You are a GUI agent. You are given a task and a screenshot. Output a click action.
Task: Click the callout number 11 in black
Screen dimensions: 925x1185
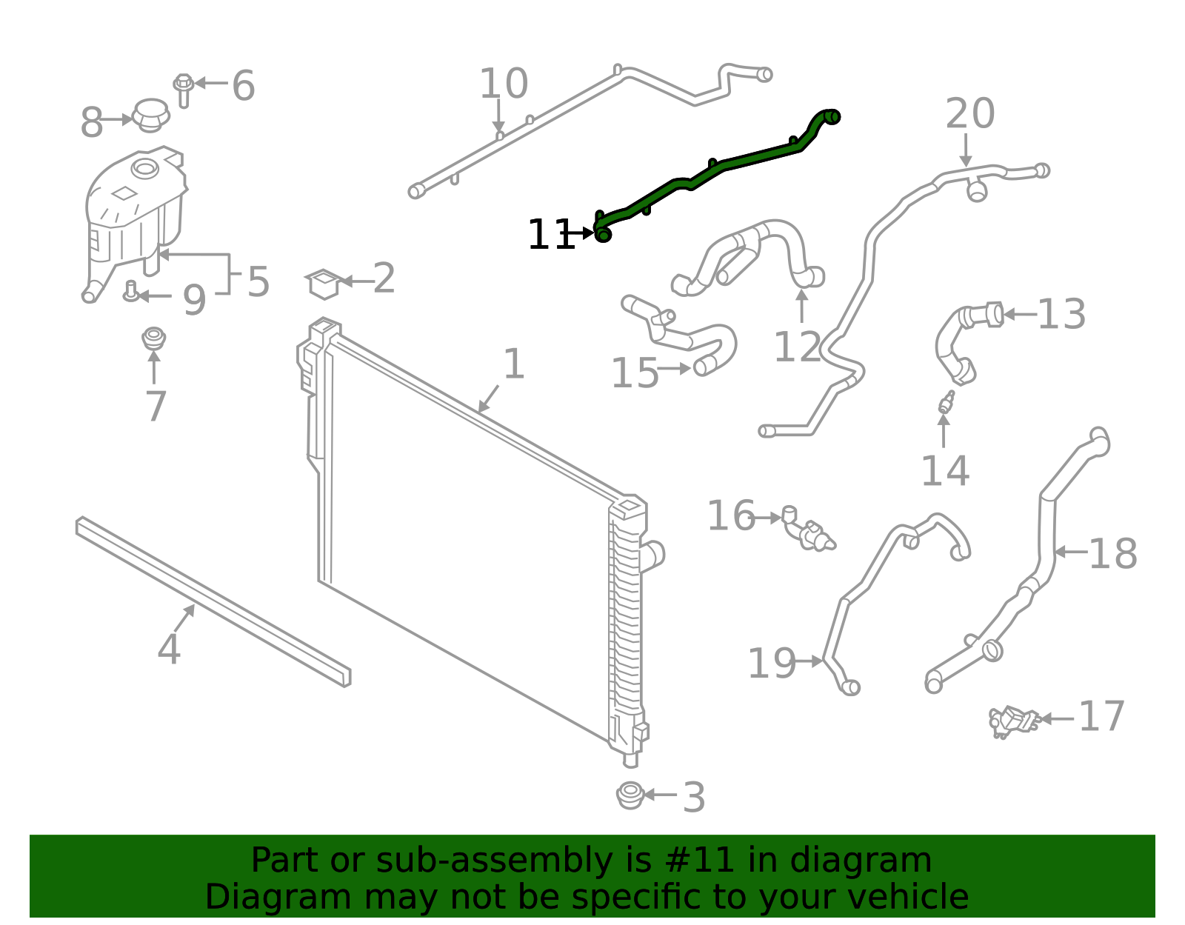[x=550, y=236]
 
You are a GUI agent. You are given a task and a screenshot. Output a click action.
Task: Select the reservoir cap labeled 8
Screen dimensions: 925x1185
[x=151, y=115]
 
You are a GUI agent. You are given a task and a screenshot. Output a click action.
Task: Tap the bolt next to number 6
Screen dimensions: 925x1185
[x=183, y=89]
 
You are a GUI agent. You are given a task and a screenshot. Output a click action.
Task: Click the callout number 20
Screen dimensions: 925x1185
[x=969, y=115]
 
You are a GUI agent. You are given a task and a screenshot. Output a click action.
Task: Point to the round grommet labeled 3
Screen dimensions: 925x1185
[x=630, y=795]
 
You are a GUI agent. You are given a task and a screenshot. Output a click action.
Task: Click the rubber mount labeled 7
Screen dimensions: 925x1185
[x=153, y=338]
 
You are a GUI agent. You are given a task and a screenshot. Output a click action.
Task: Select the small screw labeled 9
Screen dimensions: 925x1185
[x=131, y=292]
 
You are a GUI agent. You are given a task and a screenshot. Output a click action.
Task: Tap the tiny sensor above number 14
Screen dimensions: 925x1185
[x=947, y=402]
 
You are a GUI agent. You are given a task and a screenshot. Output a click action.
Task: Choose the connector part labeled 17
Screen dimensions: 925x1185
[x=1013, y=721]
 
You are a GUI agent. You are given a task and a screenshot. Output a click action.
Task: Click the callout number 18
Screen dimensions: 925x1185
[x=1112, y=554]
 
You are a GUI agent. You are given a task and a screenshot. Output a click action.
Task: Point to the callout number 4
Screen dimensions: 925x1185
[x=169, y=649]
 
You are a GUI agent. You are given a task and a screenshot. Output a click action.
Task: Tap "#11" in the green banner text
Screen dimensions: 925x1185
[x=700, y=861]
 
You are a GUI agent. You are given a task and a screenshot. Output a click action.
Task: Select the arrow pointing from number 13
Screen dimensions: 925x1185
[x=1020, y=314]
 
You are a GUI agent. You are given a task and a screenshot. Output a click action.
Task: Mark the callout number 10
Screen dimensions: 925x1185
[x=504, y=84]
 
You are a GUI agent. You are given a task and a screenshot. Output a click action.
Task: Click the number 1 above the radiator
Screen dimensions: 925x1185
[x=514, y=364]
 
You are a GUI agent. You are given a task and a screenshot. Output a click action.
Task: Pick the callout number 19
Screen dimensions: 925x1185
[x=771, y=663]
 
